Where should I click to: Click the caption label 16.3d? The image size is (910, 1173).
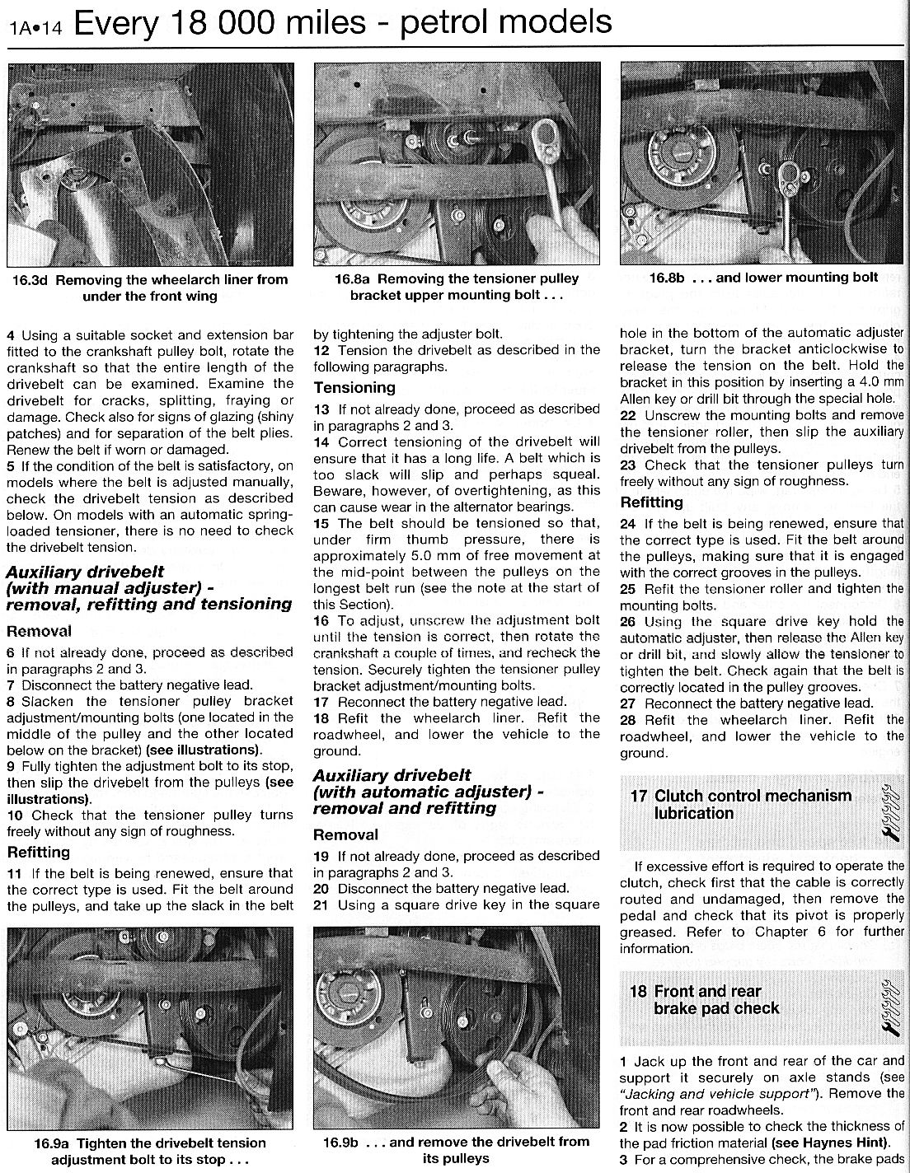(x=30, y=279)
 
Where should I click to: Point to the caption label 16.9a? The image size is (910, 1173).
(x=52, y=1143)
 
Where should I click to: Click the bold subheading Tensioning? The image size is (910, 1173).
(x=354, y=387)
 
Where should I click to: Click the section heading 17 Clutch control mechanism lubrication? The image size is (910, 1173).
(x=742, y=805)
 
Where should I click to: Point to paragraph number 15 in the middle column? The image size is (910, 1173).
(x=322, y=523)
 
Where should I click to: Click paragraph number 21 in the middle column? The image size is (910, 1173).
(x=321, y=904)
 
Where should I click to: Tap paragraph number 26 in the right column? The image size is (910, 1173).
(x=628, y=622)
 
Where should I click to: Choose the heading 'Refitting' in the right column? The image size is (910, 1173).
(x=651, y=502)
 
